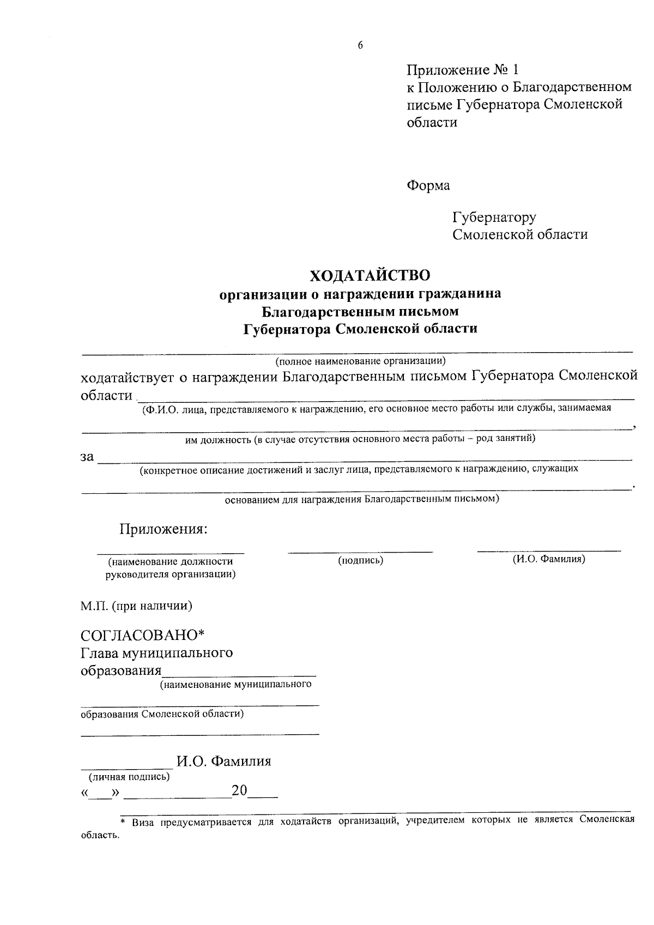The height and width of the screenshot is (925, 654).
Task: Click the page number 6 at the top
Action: click(360, 46)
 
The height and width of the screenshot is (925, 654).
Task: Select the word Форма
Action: click(428, 186)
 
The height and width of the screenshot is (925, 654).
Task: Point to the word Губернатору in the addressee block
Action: click(494, 217)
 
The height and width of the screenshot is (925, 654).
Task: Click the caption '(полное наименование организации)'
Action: click(360, 361)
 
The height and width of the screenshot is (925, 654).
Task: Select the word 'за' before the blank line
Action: click(87, 457)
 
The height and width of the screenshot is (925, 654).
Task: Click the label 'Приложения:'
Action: click(163, 529)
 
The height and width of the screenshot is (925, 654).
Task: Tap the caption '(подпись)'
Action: click(360, 560)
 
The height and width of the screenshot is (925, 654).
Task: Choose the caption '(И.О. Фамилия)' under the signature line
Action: click(549, 559)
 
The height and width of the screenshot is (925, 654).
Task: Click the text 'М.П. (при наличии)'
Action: click(136, 606)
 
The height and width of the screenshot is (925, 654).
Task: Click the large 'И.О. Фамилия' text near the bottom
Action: click(223, 761)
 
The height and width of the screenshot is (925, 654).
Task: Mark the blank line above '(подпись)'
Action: click(360, 552)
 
